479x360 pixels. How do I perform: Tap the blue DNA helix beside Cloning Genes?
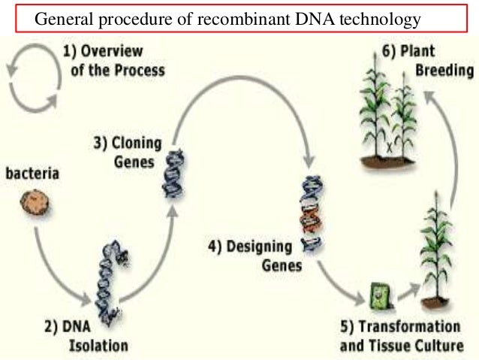tap(173, 172)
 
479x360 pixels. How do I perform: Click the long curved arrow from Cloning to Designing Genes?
tap(240, 83)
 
